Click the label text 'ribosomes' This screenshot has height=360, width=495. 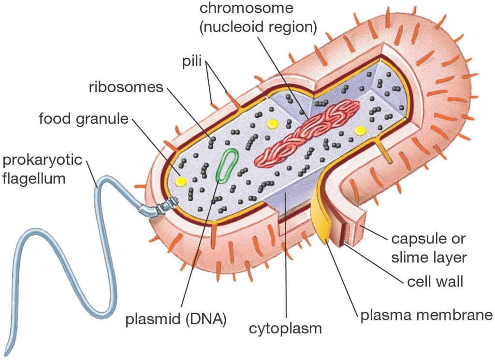(127, 87)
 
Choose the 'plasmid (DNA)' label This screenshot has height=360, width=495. (176, 319)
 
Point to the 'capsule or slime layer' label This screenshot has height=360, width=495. (429, 248)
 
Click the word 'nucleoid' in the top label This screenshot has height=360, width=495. (238, 27)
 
